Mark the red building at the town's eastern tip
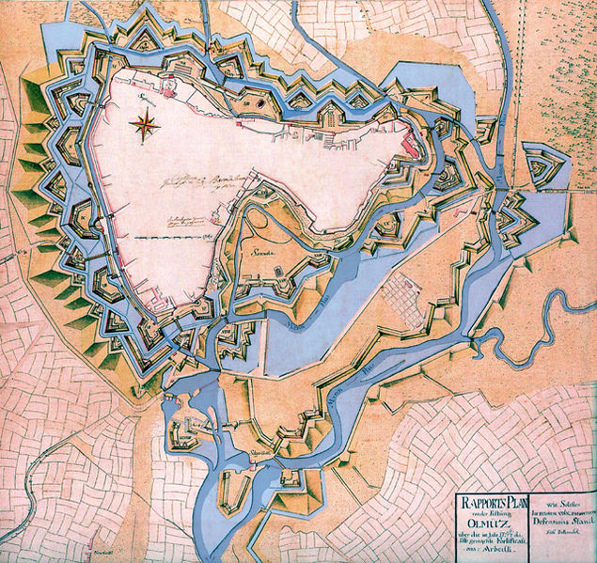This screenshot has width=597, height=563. click(410, 144)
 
